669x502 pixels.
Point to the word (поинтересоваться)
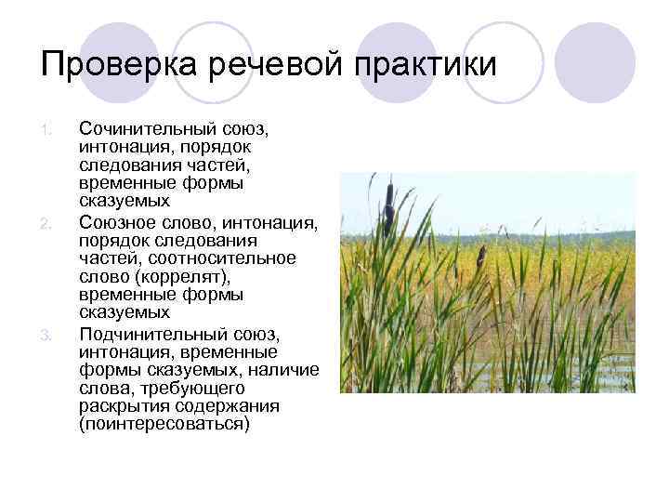pyautogui.click(x=164, y=425)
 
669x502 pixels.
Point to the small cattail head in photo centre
pyautogui.click(x=480, y=254)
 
